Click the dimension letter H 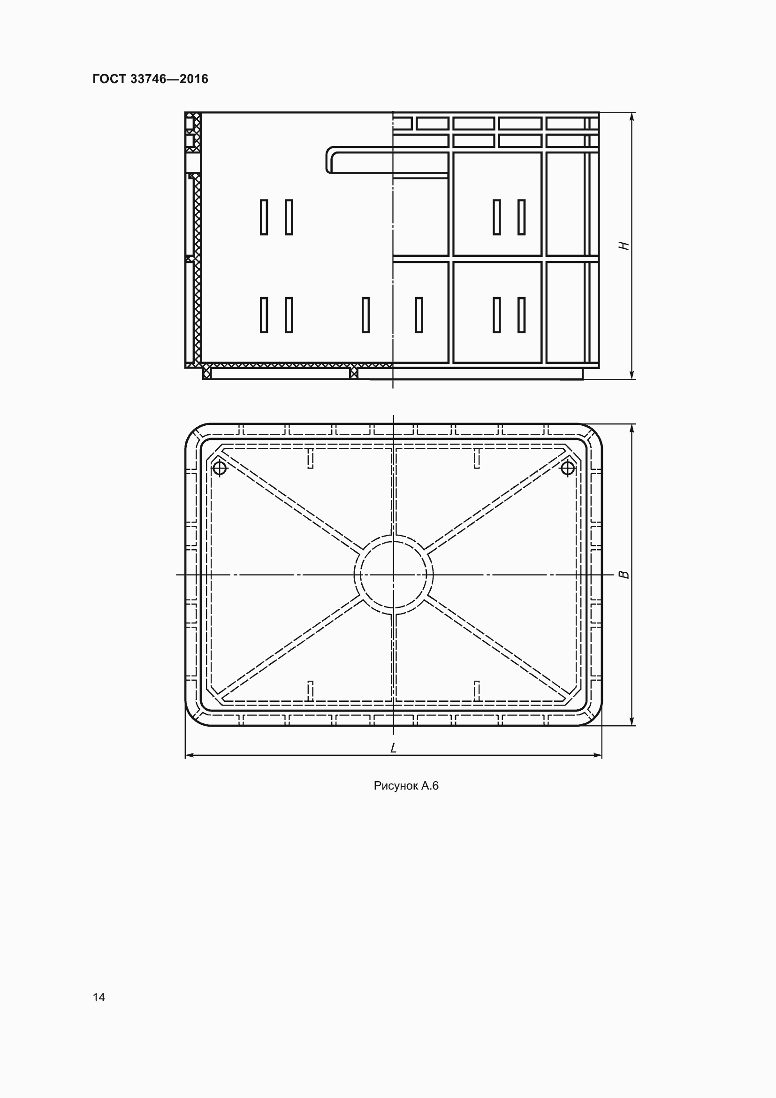(624, 246)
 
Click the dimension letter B (624, 574)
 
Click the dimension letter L (393, 748)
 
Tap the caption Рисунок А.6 (406, 786)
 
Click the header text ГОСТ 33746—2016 (151, 79)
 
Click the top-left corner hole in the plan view (219, 468)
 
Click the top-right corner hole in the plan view (568, 468)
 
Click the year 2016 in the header (194, 79)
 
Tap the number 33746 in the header (148, 79)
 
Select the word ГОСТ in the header (109, 79)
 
